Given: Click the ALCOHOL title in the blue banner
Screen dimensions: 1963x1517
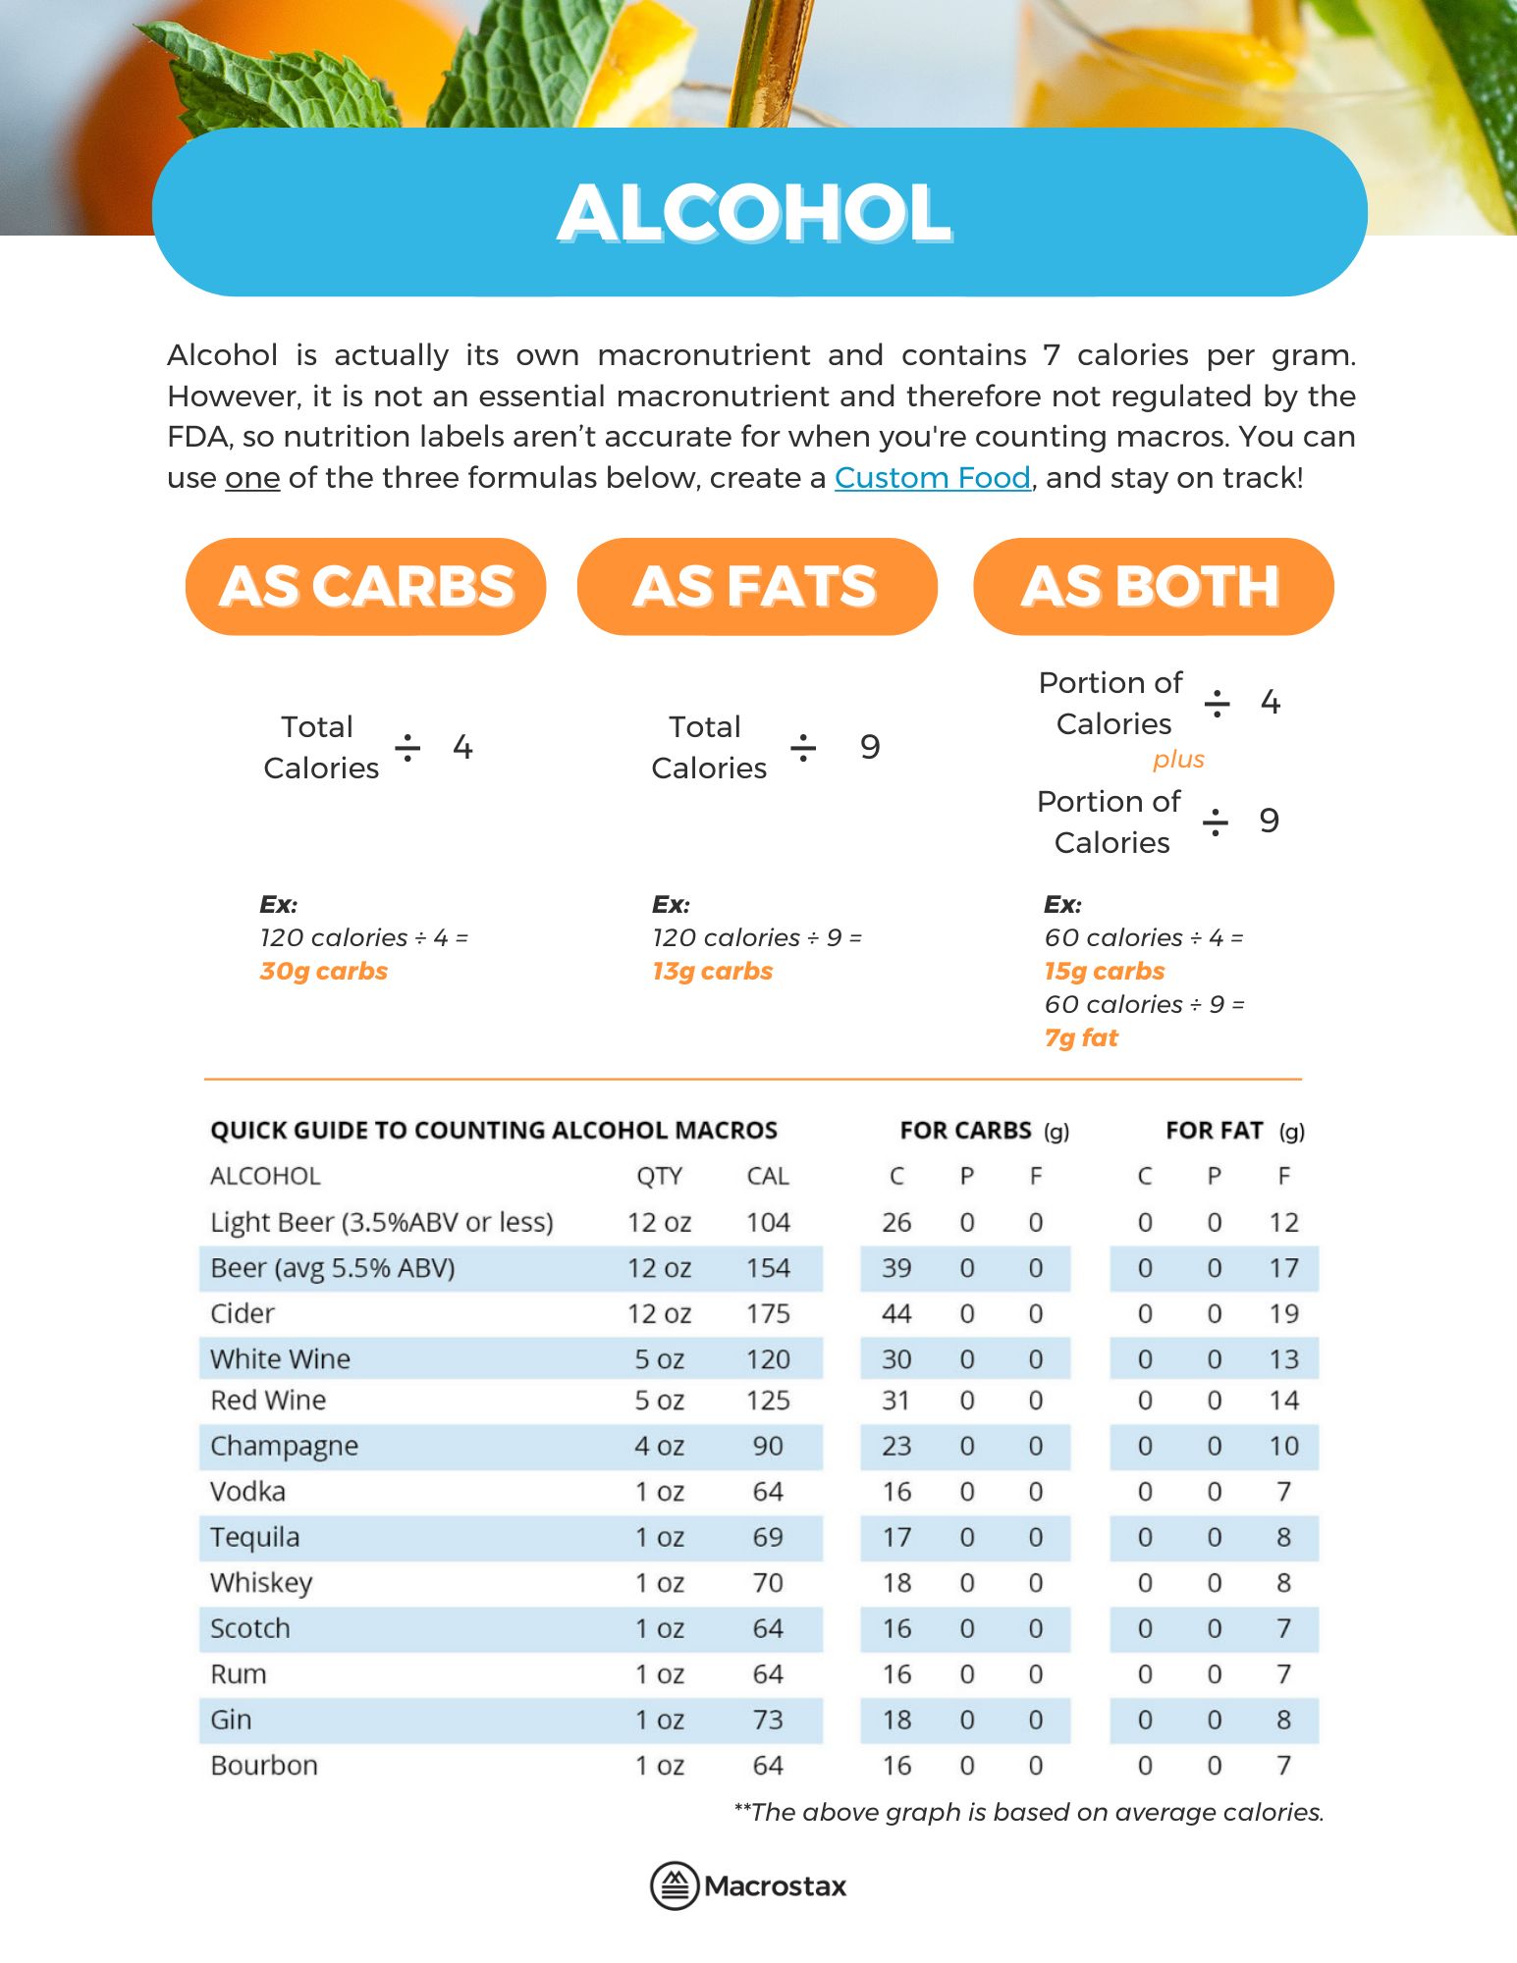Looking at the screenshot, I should click(754, 213).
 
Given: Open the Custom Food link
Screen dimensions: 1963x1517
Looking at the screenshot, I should click(932, 478).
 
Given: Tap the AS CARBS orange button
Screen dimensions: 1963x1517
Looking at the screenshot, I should click(365, 586).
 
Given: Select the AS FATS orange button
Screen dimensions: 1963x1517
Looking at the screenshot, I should click(756, 586).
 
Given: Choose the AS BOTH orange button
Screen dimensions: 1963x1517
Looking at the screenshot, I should click(1153, 586).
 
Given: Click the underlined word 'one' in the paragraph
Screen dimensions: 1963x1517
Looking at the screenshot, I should click(252, 478).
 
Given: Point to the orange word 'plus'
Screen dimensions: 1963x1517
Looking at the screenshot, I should click(1178, 759).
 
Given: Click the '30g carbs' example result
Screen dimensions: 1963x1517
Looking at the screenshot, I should click(323, 971).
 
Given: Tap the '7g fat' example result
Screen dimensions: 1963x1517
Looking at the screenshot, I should click(1081, 1037).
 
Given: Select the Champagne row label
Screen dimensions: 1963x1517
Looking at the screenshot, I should click(284, 1446).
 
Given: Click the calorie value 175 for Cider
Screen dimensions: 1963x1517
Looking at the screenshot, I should click(768, 1313).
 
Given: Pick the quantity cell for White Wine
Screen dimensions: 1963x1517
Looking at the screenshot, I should click(659, 1359).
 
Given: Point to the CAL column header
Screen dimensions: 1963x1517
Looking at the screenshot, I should click(768, 1176).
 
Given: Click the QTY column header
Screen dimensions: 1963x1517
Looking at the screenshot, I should click(659, 1176).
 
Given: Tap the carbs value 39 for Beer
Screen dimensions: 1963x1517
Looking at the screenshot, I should click(896, 1268).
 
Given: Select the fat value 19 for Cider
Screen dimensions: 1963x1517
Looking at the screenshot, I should click(1283, 1313).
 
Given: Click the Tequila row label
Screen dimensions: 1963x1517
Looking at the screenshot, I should click(254, 1537).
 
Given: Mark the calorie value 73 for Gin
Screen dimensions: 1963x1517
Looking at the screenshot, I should click(768, 1720).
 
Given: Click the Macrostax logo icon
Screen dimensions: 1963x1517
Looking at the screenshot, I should click(675, 1885).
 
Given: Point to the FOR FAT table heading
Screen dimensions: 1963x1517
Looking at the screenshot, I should click(1214, 1131).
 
